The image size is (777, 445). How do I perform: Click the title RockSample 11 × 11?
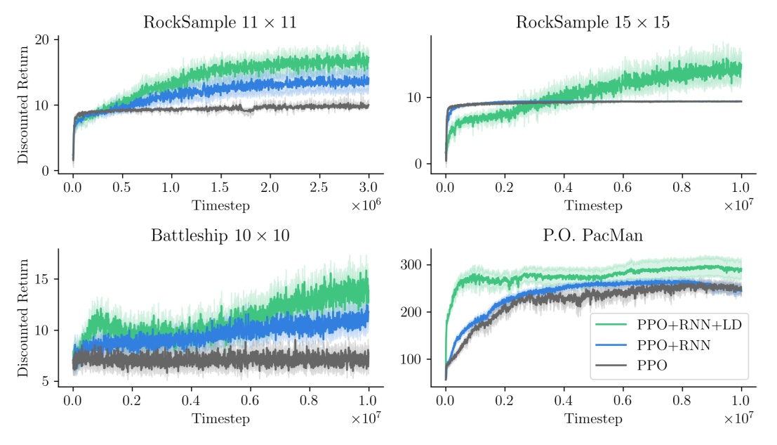click(220, 22)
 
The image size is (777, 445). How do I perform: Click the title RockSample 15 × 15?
click(592, 22)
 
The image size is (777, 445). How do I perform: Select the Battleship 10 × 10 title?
click(220, 236)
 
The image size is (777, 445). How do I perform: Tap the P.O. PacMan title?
click(592, 236)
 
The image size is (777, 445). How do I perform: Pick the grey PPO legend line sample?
click(611, 366)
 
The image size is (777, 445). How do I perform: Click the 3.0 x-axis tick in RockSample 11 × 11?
click(368, 188)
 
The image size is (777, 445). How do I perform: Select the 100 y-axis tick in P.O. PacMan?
click(412, 360)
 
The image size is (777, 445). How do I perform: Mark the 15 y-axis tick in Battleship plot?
click(44, 279)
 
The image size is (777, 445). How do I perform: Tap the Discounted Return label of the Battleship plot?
click(23, 318)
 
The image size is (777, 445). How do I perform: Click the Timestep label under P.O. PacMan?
click(593, 419)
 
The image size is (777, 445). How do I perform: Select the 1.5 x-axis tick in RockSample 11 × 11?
click(220, 188)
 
